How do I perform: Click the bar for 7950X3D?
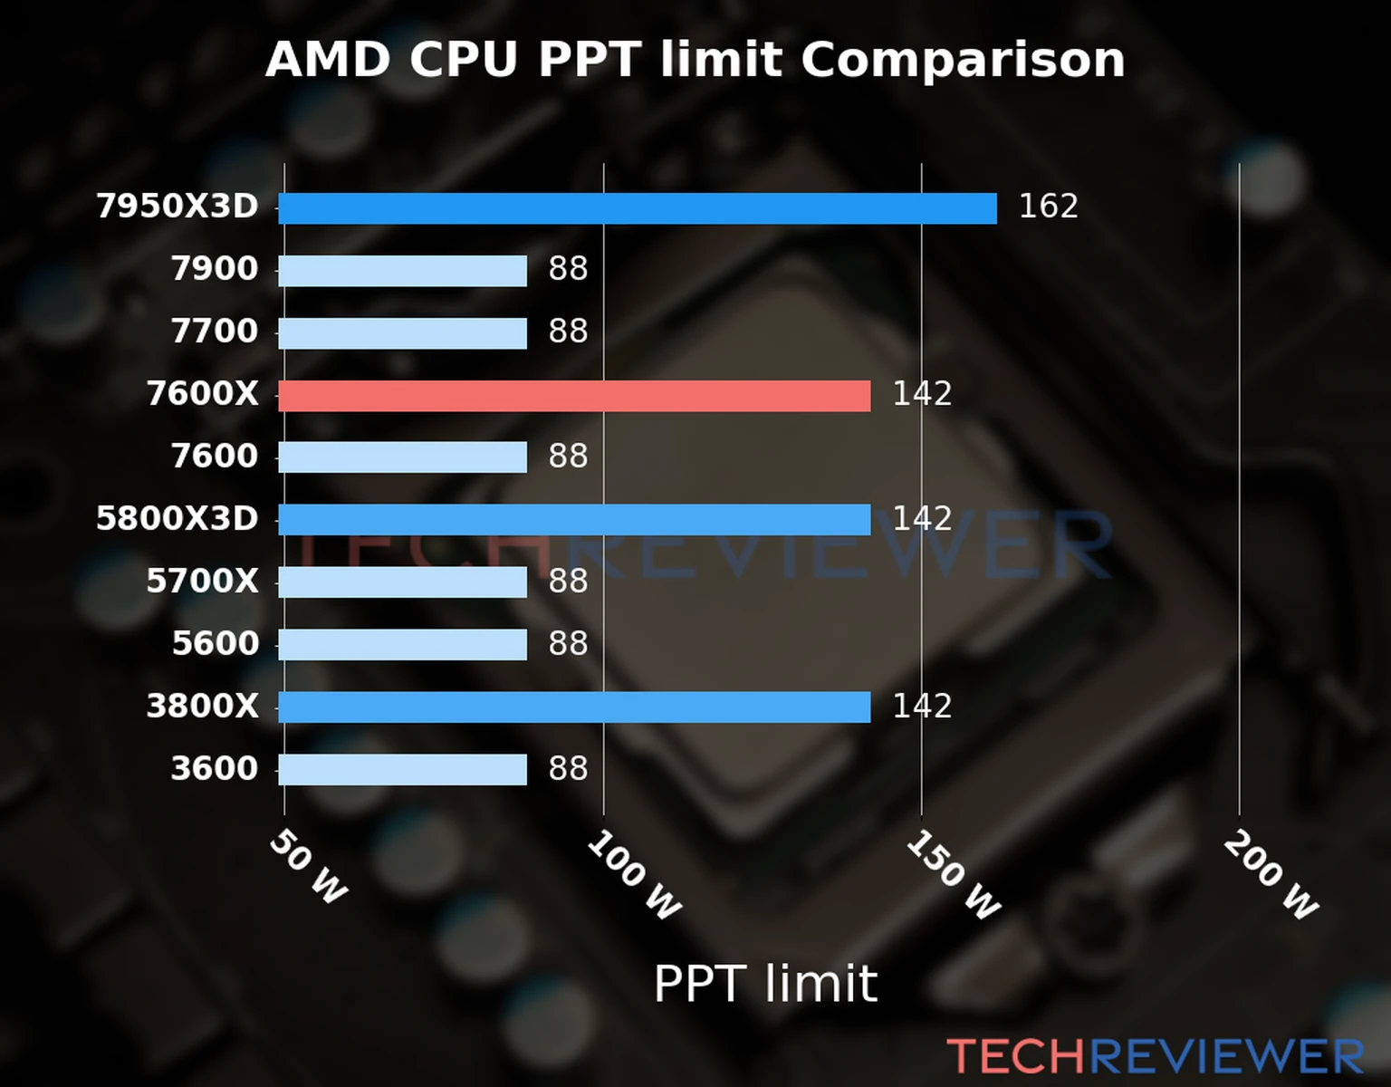(x=637, y=208)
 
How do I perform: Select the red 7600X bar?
(x=574, y=396)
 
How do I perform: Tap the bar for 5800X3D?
(x=574, y=520)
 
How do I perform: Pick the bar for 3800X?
(x=574, y=707)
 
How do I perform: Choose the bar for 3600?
(x=402, y=770)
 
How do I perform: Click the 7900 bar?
(x=402, y=271)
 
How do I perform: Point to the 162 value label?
(x=1048, y=207)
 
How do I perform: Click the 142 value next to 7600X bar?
(x=922, y=394)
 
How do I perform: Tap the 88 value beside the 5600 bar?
(x=568, y=644)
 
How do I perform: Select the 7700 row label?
(x=215, y=332)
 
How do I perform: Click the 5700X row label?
(x=202, y=582)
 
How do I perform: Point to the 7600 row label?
(x=215, y=457)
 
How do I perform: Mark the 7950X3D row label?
(x=177, y=207)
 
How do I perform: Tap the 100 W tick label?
(x=633, y=876)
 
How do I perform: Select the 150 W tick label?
(x=953, y=876)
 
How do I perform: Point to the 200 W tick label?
(x=1271, y=876)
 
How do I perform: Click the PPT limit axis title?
(x=765, y=984)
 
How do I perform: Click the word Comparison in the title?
(x=963, y=61)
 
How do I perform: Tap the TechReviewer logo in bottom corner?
(x=1155, y=1057)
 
